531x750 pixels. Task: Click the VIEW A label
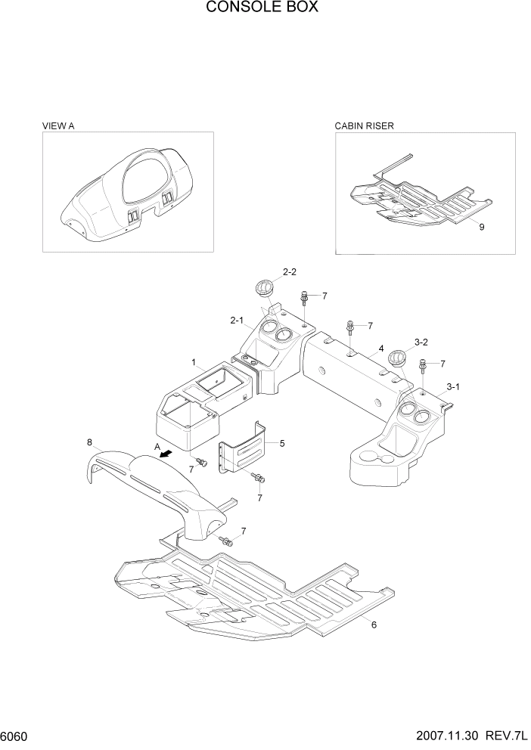point(58,126)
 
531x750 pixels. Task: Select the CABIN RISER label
point(365,126)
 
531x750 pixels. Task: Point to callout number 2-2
point(290,271)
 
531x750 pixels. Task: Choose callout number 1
point(194,362)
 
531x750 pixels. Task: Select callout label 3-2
point(421,342)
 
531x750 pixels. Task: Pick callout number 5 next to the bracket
point(282,443)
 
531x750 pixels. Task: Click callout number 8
point(89,442)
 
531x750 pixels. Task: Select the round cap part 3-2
point(396,358)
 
